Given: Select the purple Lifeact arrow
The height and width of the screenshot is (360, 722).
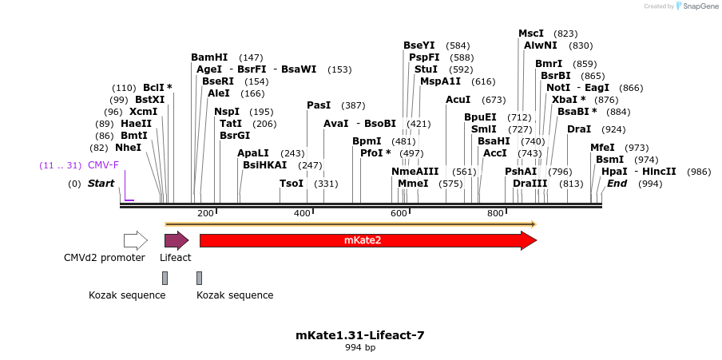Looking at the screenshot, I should [x=176, y=240].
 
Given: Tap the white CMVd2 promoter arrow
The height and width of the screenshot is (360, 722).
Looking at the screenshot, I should [x=135, y=240].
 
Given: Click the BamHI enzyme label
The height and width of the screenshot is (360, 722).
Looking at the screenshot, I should [x=209, y=57].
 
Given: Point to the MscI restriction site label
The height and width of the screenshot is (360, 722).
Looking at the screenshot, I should [x=531, y=34].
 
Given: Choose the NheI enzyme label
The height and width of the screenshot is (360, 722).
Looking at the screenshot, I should [x=128, y=148].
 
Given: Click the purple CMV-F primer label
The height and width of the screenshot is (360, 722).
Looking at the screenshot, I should [x=103, y=165].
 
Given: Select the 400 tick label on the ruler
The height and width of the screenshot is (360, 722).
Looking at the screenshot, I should [x=302, y=213].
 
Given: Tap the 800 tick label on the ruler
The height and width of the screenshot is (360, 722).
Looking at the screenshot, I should [x=495, y=213].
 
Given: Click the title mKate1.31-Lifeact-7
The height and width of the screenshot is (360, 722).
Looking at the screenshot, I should [x=360, y=335].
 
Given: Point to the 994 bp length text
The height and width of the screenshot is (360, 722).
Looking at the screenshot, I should [x=360, y=348].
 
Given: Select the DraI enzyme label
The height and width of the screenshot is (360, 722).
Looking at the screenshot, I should [x=579, y=129].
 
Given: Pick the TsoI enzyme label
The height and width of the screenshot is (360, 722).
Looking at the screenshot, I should [x=292, y=184].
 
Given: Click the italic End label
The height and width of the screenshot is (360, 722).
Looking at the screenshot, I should [x=617, y=184].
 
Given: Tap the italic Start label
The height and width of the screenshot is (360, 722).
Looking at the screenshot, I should [x=101, y=184].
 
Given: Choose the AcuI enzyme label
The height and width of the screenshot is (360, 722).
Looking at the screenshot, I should [x=458, y=100].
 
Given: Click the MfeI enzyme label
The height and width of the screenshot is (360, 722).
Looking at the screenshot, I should [x=603, y=148].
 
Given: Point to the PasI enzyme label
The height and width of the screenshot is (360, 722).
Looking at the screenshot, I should [x=319, y=105].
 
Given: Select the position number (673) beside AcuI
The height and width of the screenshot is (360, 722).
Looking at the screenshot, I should [x=494, y=100].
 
